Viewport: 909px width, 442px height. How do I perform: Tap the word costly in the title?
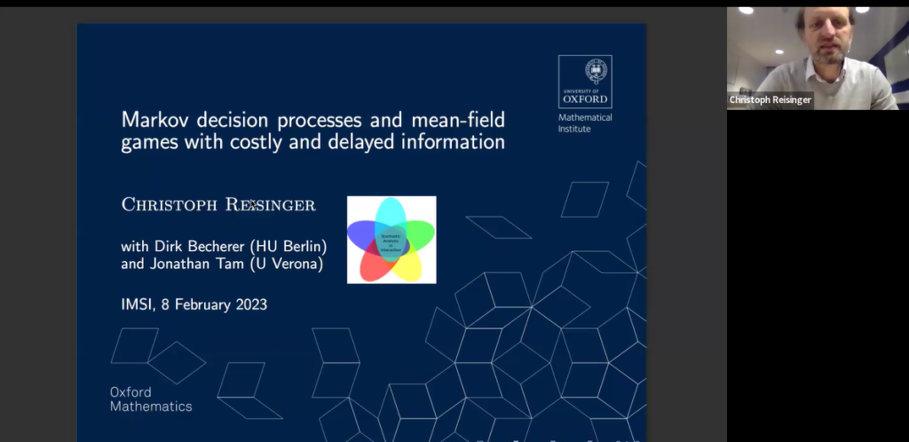click(272, 142)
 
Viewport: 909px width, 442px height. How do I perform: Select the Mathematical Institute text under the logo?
click(585, 123)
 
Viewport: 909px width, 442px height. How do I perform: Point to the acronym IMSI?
click(137, 304)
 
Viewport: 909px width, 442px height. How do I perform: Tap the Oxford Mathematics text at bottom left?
click(151, 399)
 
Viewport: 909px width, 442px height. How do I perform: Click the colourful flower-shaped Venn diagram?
click(391, 240)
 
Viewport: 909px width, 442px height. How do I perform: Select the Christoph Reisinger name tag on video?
click(770, 100)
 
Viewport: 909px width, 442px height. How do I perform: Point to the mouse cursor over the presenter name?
click(252, 205)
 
